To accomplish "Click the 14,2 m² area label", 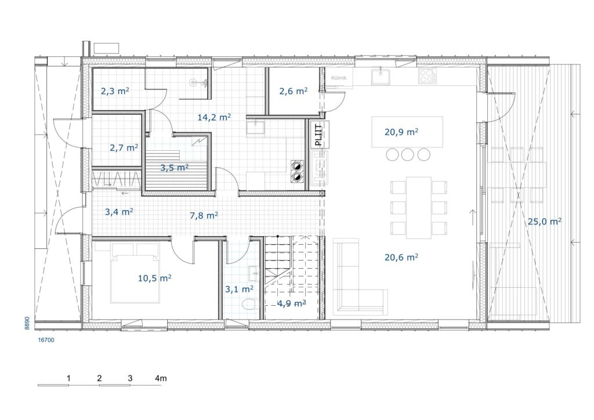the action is point(214,117).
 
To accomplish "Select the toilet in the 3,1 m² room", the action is point(249,304).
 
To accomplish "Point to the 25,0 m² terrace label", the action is point(544,222).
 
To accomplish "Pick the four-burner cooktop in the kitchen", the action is point(427,75).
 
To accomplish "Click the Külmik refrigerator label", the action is point(339,78).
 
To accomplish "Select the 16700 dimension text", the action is point(46,340).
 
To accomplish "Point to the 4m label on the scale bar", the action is point(161,378).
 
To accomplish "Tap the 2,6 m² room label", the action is point(293,91).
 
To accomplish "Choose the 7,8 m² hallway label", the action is point(204,215).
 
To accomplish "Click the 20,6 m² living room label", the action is point(401,257).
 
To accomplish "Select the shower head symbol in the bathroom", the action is point(194,82).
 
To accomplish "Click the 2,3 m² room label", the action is point(115,91).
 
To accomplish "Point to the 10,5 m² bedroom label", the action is point(154,278).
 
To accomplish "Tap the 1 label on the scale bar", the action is point(68,378).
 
